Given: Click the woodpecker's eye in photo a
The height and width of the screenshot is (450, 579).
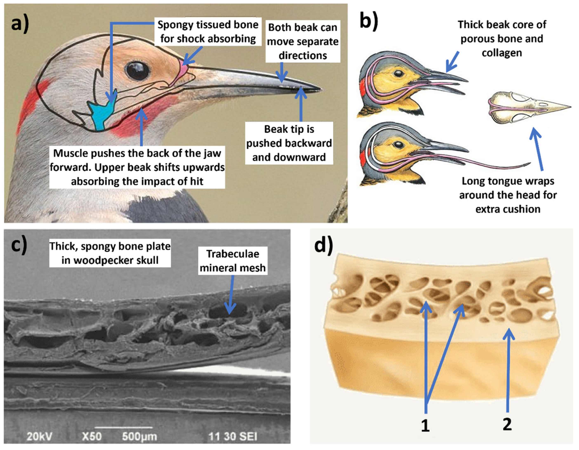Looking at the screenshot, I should (137, 71).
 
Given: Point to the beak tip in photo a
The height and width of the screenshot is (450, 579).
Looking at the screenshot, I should (319, 89).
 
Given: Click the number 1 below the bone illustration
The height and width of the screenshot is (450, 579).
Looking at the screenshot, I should (425, 426).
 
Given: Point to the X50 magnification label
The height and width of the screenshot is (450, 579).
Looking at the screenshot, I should (92, 436).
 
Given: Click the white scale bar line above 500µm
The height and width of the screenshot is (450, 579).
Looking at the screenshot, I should (124, 428).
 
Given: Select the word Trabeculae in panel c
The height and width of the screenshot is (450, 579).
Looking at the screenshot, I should (233, 254).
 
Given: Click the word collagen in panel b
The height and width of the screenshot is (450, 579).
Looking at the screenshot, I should (502, 53).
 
